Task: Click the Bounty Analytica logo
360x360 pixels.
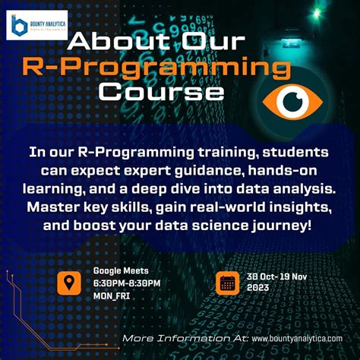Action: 39,25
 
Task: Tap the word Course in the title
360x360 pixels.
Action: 163,93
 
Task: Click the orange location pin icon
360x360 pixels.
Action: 69,283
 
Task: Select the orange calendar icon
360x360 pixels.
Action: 226,283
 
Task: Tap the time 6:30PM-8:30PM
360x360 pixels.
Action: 126,283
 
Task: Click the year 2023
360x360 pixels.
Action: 258,289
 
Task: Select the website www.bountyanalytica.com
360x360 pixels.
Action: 296,337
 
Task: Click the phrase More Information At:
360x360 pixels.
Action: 185,337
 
